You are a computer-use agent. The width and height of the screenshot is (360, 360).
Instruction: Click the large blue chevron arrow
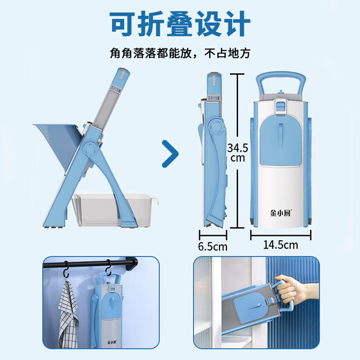(168, 154)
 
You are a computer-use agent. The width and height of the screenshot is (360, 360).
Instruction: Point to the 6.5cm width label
(213, 245)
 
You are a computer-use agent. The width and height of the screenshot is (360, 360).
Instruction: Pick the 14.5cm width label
(280, 244)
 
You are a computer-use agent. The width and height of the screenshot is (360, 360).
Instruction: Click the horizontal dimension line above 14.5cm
(280, 234)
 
